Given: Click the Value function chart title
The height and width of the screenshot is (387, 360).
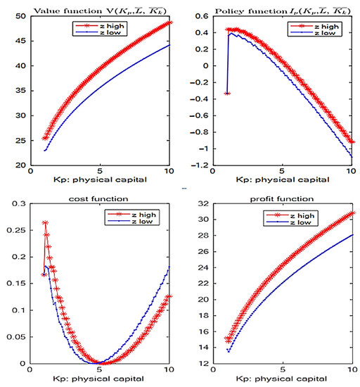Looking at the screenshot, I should (x=98, y=8).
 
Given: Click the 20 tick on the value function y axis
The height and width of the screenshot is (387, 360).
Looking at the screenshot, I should (x=21, y=166).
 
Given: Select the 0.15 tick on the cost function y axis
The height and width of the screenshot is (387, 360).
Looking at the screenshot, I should (x=16, y=284).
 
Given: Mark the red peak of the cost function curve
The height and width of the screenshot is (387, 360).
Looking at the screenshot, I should (x=45, y=223).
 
